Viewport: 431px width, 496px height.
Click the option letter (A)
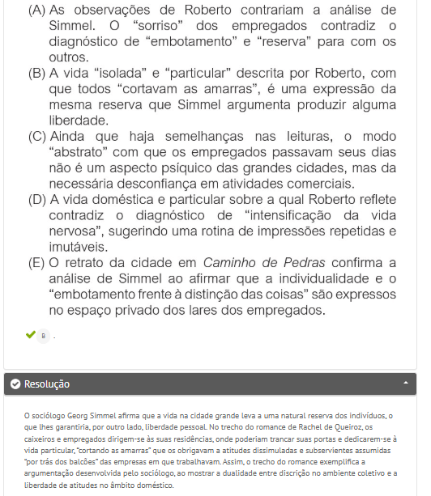(x=36, y=10)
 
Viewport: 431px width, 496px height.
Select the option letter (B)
(x=36, y=73)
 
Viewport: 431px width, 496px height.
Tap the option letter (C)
(x=36, y=136)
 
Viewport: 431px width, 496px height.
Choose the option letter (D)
(x=36, y=199)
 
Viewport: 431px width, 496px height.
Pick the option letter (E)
(x=36, y=262)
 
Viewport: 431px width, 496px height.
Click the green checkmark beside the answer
(x=31, y=334)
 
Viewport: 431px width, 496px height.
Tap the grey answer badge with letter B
(x=44, y=335)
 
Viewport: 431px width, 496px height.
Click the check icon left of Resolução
(x=15, y=384)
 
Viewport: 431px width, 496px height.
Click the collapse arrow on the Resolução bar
(x=404, y=384)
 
